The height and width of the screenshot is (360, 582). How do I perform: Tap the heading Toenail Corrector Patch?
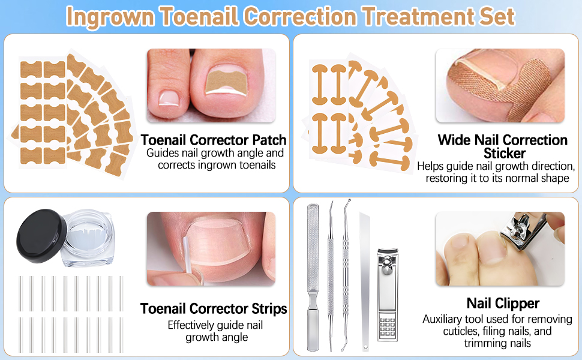tap(214, 140)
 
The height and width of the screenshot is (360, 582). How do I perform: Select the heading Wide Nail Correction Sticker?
tap(502, 147)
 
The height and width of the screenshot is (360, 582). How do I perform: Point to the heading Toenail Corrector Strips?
tap(214, 309)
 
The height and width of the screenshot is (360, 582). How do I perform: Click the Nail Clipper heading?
tap(503, 304)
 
